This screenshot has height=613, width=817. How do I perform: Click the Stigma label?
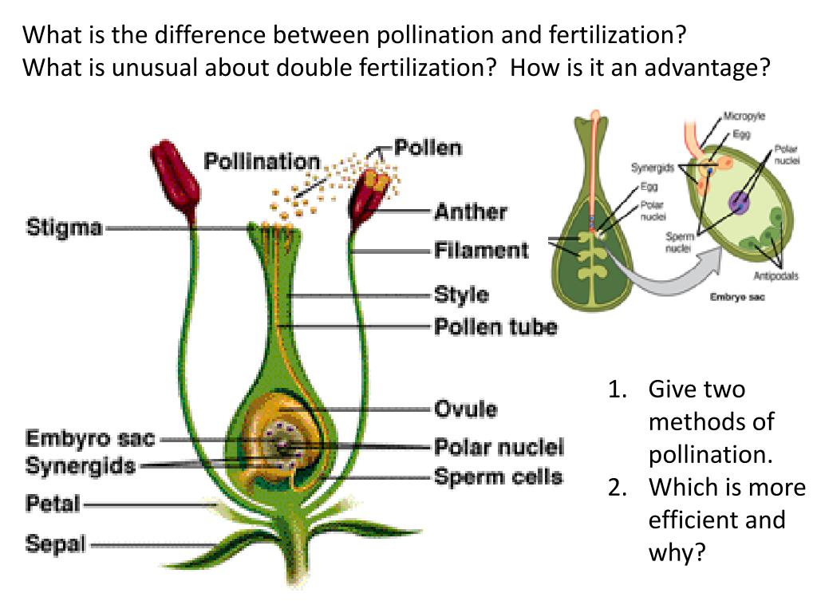(x=65, y=227)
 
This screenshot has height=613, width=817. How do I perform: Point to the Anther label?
(x=470, y=212)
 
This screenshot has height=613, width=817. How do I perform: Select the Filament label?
(x=481, y=251)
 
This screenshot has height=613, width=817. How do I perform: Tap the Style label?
(x=461, y=295)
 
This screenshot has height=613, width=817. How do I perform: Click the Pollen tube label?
(x=495, y=326)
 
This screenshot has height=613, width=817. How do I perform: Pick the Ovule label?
(x=465, y=409)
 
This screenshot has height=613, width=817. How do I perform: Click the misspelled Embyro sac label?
(x=90, y=439)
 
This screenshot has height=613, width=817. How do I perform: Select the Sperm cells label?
(x=499, y=477)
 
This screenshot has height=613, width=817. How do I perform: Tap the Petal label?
(x=53, y=504)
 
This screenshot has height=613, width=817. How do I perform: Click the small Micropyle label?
(x=744, y=117)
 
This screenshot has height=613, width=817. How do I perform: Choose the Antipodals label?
(x=776, y=276)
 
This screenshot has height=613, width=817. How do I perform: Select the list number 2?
(x=615, y=488)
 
